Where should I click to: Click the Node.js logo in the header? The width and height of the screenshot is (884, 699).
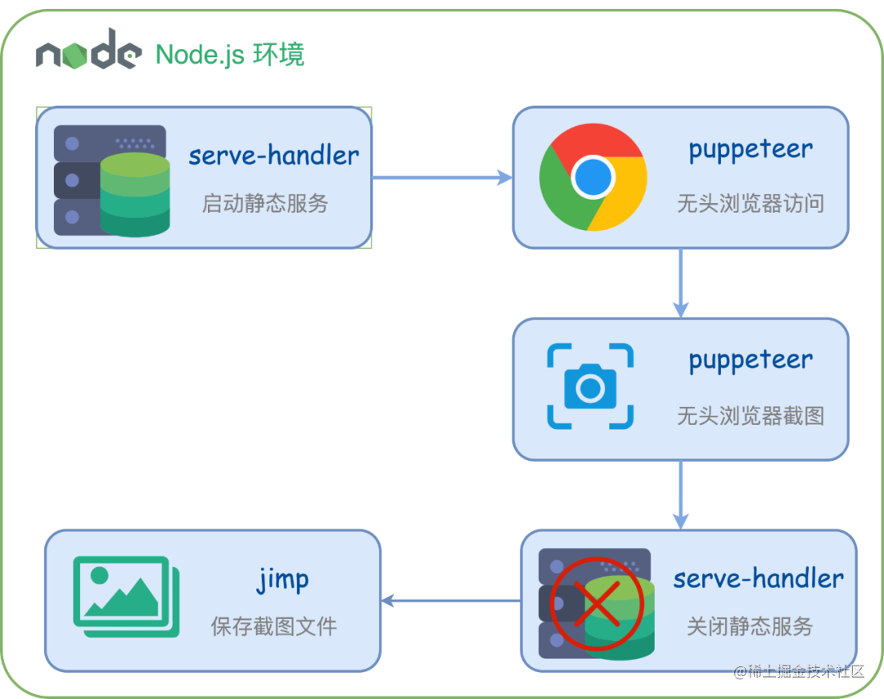[x=87, y=52]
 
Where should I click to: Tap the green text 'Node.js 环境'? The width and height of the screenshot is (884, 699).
[x=231, y=54]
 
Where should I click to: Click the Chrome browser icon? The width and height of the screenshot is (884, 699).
[x=593, y=177]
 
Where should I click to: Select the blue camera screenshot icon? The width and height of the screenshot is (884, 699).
[x=590, y=386]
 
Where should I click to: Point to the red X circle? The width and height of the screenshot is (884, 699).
[x=597, y=604]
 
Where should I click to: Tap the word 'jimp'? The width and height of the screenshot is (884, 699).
[x=283, y=579]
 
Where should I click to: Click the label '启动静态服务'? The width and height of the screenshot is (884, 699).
[x=265, y=203]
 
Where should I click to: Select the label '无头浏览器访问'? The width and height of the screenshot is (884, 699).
[x=751, y=203]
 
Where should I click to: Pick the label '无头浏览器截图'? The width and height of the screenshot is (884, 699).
[x=751, y=416]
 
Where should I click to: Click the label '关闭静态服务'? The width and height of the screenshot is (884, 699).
[x=750, y=627]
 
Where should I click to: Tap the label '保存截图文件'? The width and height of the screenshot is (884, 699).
[x=274, y=627]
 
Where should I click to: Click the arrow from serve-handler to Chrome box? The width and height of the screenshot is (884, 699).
[x=442, y=177]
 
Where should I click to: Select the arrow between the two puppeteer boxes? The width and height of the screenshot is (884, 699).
[x=680, y=283]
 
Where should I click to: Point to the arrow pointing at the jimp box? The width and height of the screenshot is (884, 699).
[x=450, y=601]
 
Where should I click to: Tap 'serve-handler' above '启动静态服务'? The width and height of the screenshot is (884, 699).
[x=273, y=156]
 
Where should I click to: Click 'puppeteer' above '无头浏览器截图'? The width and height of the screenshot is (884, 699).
[x=751, y=360]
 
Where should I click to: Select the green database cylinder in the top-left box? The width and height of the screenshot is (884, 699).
[x=135, y=194]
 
